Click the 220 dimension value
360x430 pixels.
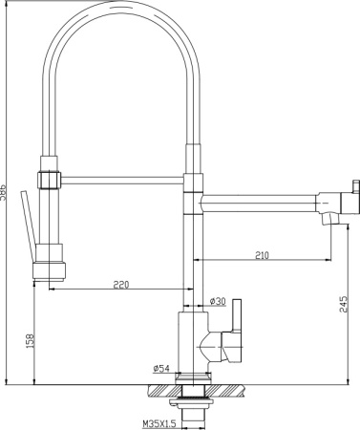click(120, 285)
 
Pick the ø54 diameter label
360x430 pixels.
click(160, 368)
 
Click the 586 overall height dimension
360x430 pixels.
click(5, 191)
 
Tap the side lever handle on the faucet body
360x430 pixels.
click(239, 325)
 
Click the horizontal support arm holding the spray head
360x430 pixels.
click(119, 178)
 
